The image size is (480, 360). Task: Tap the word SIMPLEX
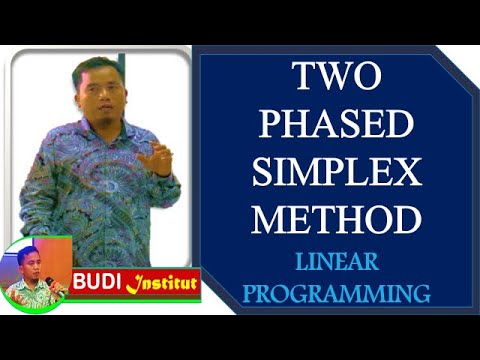coord(335,173)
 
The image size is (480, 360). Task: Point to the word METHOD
coord(335,219)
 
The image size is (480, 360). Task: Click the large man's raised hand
coord(155,158)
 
